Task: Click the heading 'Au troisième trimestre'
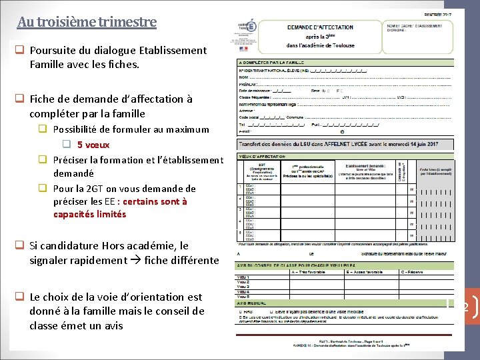coord(87,21)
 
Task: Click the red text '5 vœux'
coord(93,145)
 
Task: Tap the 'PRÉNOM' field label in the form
coord(249,85)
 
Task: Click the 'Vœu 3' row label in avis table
coord(244,287)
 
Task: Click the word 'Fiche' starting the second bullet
coord(43,99)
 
